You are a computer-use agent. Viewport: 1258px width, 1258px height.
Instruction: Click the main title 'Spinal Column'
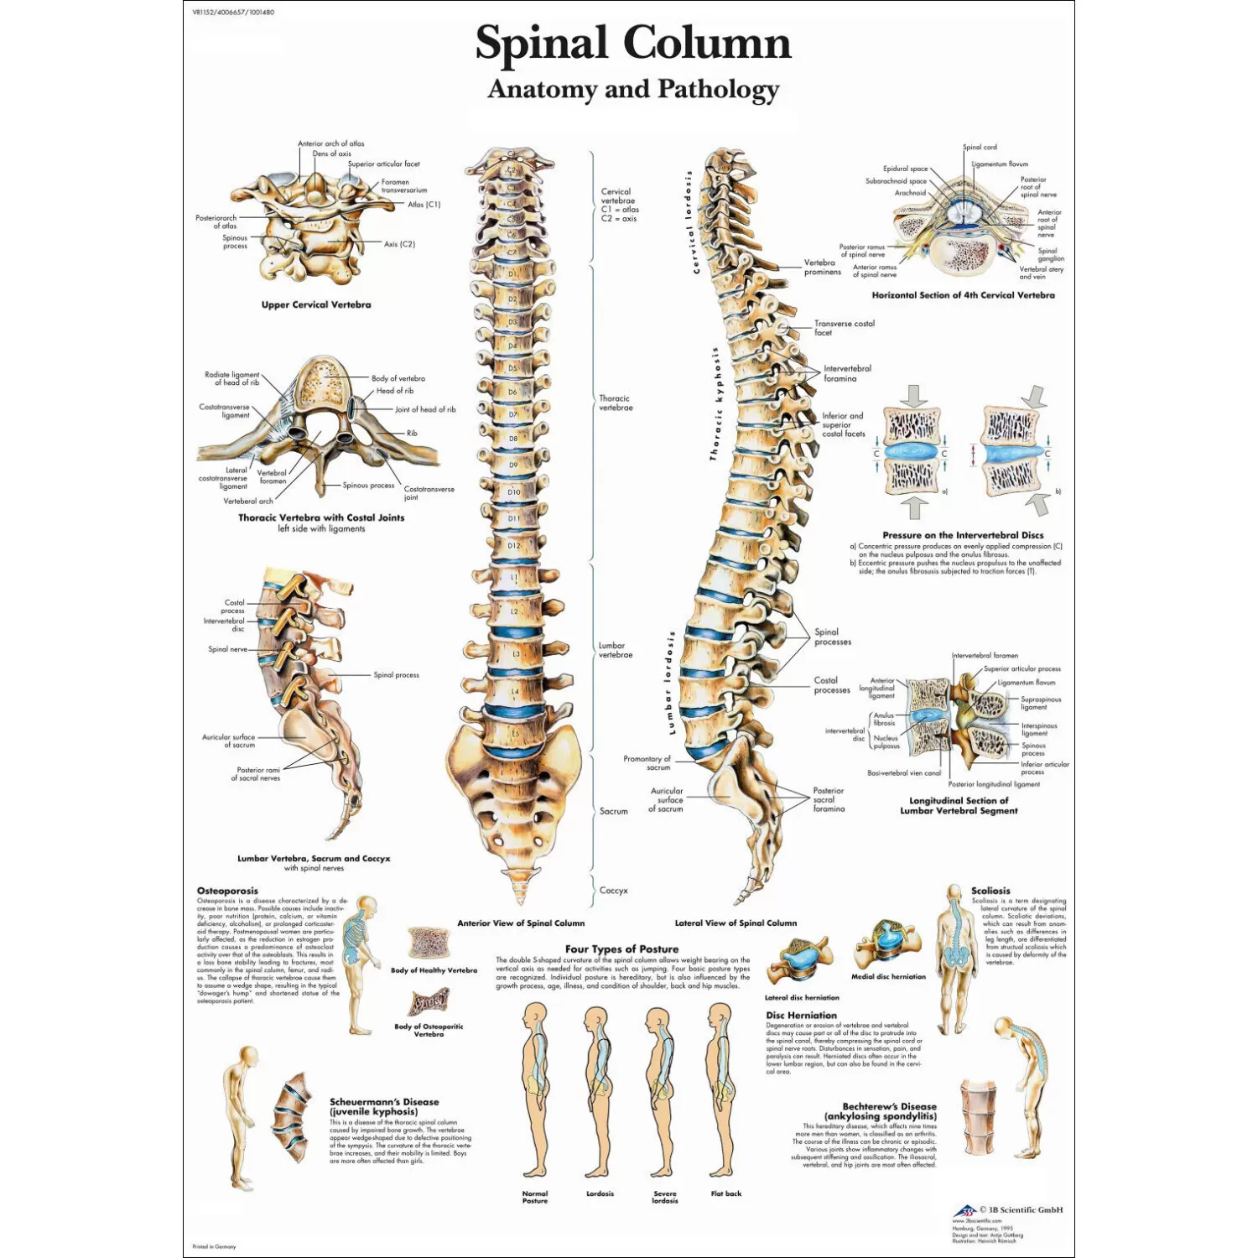(633, 43)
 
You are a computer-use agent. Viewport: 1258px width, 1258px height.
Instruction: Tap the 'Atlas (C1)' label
(424, 205)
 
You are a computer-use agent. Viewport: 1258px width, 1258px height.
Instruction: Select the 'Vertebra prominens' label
(822, 268)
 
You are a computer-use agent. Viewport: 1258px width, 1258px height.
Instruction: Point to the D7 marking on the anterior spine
(513, 414)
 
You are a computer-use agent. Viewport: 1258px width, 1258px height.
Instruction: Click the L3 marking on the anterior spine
(515, 654)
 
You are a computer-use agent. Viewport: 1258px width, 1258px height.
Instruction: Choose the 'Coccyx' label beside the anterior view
(613, 891)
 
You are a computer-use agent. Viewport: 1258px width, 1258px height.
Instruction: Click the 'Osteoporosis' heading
(227, 891)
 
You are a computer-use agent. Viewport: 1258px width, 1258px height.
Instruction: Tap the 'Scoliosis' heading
(990, 891)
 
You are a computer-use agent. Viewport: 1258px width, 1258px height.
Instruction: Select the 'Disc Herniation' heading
(801, 1015)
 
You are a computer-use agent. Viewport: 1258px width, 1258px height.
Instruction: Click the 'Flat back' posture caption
(726, 1193)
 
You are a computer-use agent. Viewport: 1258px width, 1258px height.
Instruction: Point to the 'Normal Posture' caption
(535, 1197)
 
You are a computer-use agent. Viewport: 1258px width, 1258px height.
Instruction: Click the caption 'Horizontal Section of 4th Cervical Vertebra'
(963, 295)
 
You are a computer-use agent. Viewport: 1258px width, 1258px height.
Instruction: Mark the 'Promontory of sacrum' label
(647, 763)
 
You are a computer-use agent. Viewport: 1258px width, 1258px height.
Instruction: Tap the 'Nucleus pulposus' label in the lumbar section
(886, 742)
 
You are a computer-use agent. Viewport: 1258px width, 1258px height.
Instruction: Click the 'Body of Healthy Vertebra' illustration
(429, 943)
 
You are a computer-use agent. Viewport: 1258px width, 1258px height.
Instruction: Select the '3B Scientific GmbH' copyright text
(1021, 1209)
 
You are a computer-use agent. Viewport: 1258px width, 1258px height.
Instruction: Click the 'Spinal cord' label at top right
(980, 147)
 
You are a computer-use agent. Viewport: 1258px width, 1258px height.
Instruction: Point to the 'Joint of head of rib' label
(425, 410)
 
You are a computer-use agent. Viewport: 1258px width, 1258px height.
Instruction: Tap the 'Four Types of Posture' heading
(621, 949)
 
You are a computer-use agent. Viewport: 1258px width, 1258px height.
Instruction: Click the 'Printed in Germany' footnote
(214, 1247)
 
